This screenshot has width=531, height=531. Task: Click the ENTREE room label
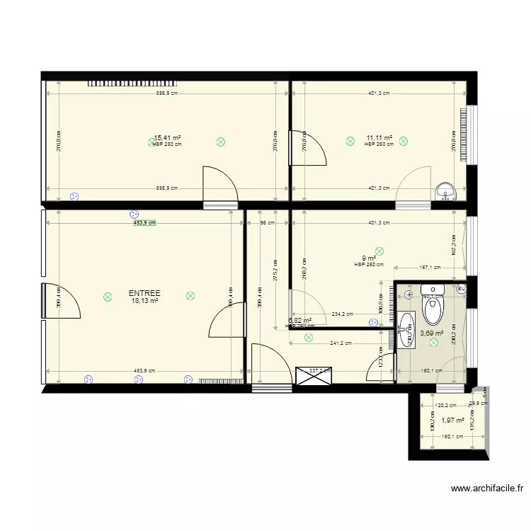tap(144, 293)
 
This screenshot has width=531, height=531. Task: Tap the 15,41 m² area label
tap(167, 138)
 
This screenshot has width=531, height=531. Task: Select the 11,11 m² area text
tap(379, 138)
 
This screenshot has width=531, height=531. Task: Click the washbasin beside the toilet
tap(405, 329)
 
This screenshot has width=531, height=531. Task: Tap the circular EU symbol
tap(460, 289)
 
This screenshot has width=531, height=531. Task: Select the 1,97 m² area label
tap(453, 420)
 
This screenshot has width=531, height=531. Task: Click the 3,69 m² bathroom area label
tap(432, 333)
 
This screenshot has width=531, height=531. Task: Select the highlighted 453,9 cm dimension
tap(144, 222)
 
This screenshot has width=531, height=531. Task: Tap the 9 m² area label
tap(369, 258)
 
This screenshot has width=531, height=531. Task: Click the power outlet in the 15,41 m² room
tap(74, 196)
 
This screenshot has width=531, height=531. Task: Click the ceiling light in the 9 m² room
tap(379, 250)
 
